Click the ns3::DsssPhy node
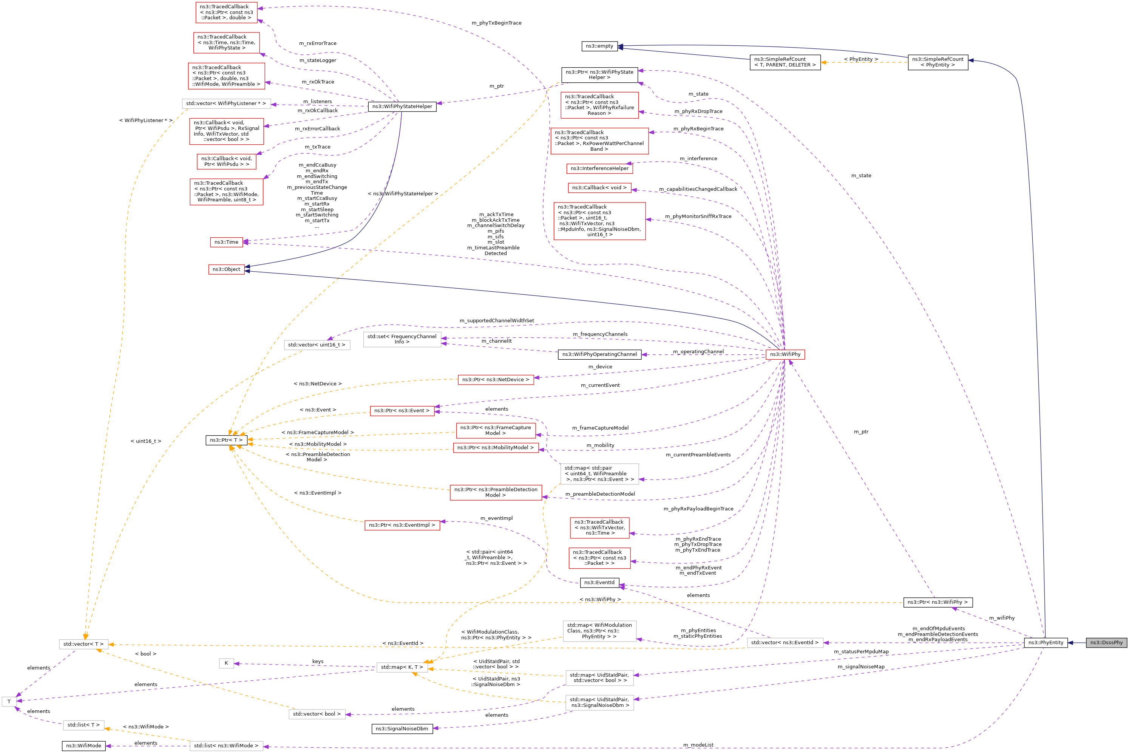pos(1106,643)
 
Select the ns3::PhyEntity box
pos(1046,643)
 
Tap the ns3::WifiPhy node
pos(785,354)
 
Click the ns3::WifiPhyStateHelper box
pos(402,107)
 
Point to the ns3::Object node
pos(226,269)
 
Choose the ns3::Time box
pos(226,242)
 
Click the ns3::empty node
pos(599,46)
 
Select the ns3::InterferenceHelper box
pos(599,169)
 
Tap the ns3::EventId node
pos(599,583)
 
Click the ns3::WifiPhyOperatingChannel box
pos(599,354)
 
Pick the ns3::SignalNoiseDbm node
pos(402,728)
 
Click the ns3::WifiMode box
pos(83,745)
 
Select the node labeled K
pos(226,663)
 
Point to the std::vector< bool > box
pos(317,714)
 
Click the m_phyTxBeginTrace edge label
pos(496,23)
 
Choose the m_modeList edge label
pos(698,745)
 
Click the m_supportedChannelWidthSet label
pos(496,321)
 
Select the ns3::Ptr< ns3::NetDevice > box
pos(496,379)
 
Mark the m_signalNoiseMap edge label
pos(861,666)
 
